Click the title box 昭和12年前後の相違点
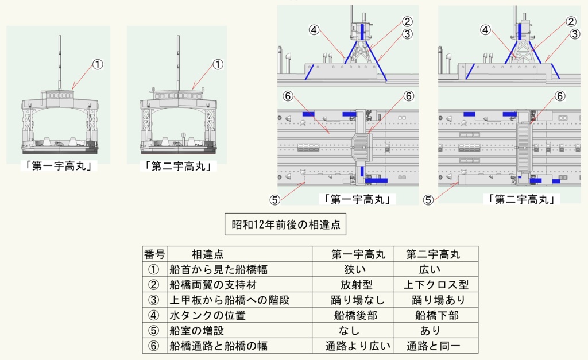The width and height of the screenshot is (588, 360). pyautogui.click(x=286, y=224)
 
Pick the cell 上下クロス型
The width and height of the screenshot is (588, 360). pyautogui.click(x=436, y=285)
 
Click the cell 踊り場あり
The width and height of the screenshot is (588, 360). pyautogui.click(x=438, y=300)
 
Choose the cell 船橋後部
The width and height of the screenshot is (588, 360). pyautogui.click(x=353, y=315)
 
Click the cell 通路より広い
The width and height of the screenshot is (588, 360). pyautogui.click(x=358, y=346)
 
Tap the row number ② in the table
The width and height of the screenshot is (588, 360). pyautogui.click(x=153, y=285)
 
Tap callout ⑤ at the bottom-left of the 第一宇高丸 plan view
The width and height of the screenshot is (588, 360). pyautogui.click(x=274, y=199)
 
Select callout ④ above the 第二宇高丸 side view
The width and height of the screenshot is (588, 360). pyautogui.click(x=486, y=30)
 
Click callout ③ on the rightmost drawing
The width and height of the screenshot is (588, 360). pyautogui.click(x=575, y=34)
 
